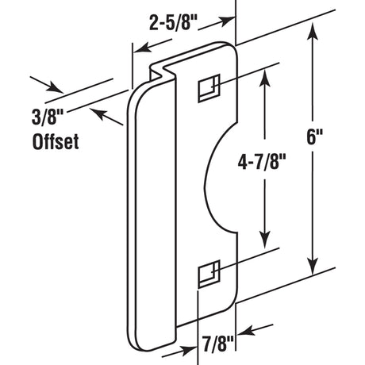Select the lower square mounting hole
tap(207, 274)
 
